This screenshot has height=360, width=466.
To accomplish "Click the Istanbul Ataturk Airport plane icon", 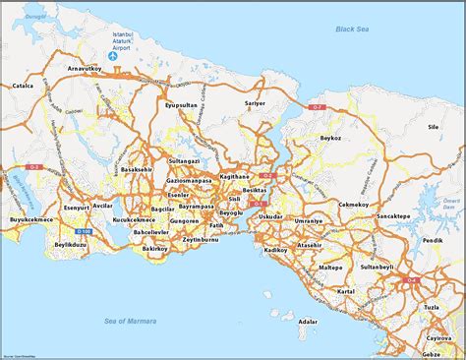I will coord(115,56).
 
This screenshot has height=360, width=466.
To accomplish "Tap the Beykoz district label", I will coord(330,139).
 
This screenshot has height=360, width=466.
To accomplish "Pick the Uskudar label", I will coord(271,215).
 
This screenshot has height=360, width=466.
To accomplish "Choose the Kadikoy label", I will coord(272,251).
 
